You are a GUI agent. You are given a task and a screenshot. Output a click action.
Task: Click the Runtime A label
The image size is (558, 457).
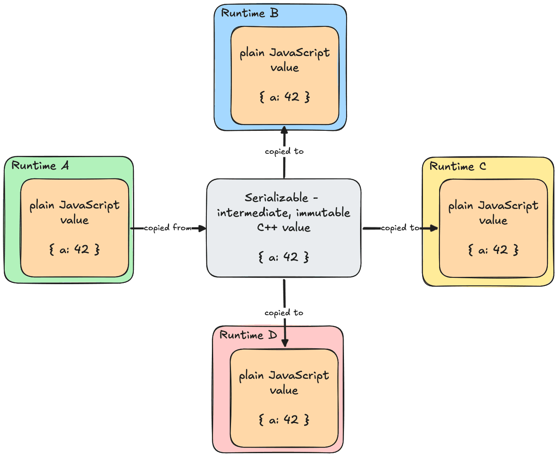click(x=40, y=165)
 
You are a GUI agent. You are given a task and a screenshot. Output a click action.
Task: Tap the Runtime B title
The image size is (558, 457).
click(x=250, y=13)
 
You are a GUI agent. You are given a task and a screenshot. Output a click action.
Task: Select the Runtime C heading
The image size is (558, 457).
click(x=457, y=166)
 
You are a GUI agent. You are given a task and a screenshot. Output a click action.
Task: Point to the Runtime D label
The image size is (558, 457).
click(x=248, y=335)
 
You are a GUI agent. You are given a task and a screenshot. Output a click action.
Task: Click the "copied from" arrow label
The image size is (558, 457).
click(x=168, y=228)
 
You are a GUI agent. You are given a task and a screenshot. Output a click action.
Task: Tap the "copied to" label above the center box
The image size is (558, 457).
click(x=284, y=151)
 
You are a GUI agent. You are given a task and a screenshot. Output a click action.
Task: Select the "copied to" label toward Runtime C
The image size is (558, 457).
click(x=400, y=228)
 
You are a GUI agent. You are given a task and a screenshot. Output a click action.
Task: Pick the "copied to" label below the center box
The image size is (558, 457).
click(x=284, y=313)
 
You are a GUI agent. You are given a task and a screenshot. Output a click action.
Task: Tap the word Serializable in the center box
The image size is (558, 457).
click(x=276, y=197)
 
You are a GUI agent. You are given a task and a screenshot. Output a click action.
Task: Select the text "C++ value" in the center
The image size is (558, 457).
click(x=284, y=228)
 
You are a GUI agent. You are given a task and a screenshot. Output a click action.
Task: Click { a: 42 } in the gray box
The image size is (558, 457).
click(x=284, y=257)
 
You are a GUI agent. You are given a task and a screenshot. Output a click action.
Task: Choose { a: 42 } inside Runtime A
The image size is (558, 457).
click(x=74, y=249)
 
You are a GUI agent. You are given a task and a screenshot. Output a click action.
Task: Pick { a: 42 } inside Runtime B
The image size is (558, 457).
click(x=285, y=97)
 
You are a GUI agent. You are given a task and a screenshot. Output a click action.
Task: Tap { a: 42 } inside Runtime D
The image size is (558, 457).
click(x=284, y=420)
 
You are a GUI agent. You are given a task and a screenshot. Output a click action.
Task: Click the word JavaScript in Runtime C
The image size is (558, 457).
click(x=508, y=206)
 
